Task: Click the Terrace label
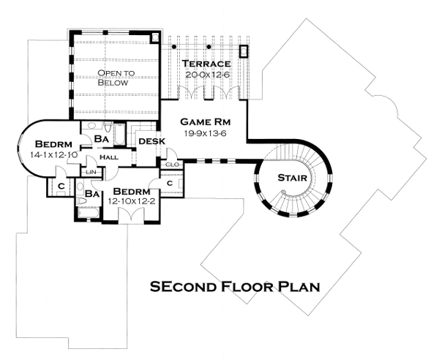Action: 206,64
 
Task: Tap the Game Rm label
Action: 205,121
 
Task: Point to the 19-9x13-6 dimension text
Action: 205,133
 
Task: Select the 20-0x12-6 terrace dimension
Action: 208,75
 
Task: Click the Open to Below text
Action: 116,78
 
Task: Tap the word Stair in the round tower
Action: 292,178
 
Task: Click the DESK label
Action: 152,141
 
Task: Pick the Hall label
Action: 109,157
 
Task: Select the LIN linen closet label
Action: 91,172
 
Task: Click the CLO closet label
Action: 172,165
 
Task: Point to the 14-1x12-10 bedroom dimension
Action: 53,155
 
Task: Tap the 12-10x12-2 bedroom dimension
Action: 132,201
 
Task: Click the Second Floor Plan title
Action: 235,287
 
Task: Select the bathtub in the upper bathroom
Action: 119,135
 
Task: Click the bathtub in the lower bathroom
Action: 89,212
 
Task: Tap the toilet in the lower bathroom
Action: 82,200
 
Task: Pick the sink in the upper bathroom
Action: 91,125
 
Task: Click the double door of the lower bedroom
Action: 131,215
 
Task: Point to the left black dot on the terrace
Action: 174,47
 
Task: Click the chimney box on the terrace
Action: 244,51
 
